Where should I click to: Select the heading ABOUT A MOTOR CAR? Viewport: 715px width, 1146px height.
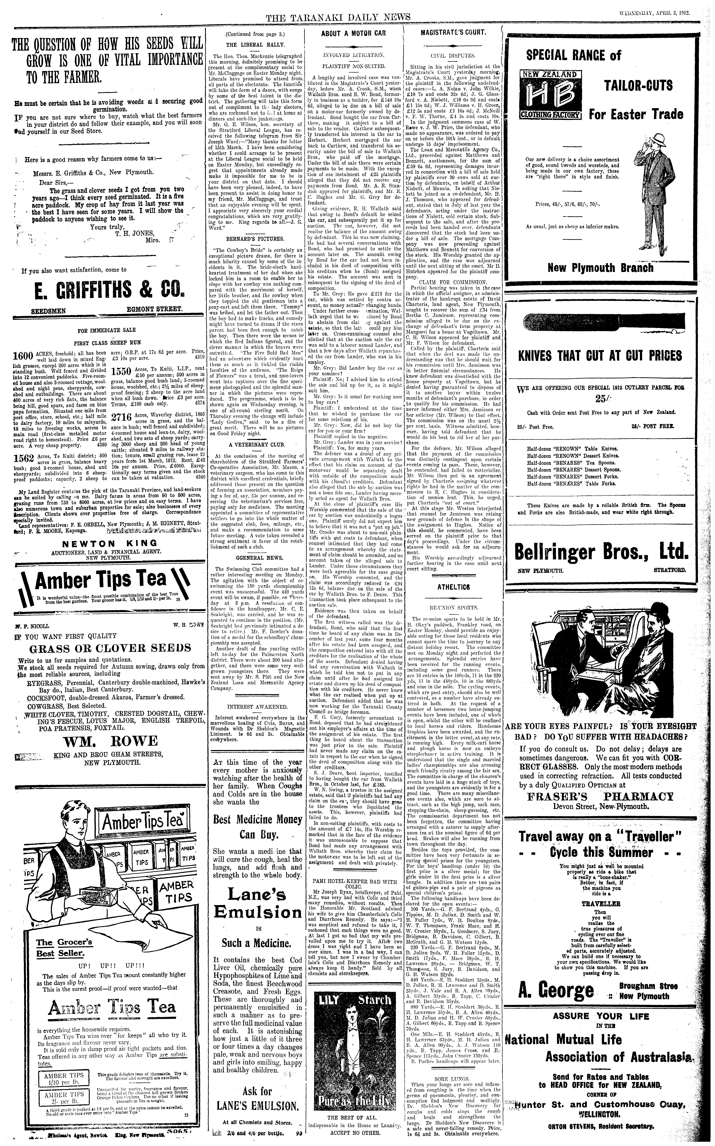pos(353,34)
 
